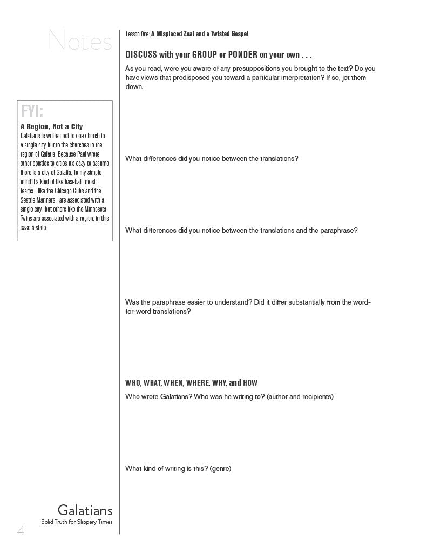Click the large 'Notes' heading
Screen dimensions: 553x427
(80, 41)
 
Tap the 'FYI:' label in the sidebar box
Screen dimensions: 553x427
(32, 112)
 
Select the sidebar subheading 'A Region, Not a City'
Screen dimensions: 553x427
(52, 127)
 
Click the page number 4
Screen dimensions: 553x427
(21, 530)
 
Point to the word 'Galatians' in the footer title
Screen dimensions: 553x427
(85, 510)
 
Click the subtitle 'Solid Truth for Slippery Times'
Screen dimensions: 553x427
(77, 522)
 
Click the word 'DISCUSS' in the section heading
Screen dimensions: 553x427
(141, 55)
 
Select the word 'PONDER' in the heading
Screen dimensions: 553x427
(242, 55)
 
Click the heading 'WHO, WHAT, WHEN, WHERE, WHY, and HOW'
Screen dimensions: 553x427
(191, 383)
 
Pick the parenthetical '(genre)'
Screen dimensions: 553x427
(220, 469)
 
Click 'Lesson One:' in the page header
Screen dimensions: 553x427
(137, 34)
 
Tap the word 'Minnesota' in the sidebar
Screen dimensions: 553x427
(96, 210)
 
